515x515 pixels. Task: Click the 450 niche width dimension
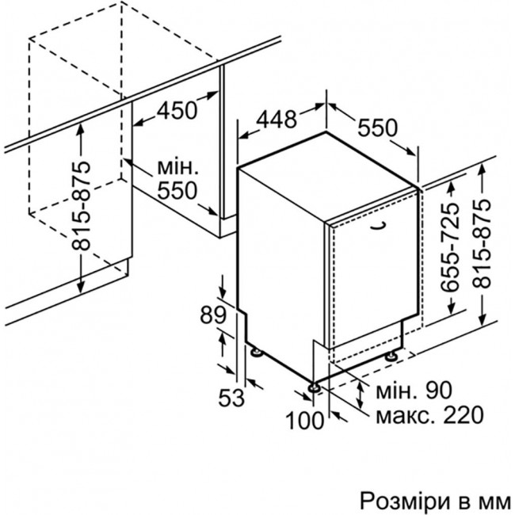tap(177, 110)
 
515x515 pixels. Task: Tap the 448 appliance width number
tap(277, 119)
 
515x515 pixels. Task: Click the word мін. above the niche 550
tap(178, 167)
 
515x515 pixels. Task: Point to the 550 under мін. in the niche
tap(177, 190)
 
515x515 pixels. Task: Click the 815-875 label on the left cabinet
tap(81, 206)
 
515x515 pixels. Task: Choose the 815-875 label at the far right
tap(482, 244)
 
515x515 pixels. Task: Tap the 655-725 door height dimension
tap(450, 247)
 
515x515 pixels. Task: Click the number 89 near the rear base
tap(213, 315)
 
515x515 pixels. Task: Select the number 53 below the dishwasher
tap(231, 398)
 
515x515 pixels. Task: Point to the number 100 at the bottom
tap(305, 421)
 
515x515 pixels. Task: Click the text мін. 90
tap(414, 390)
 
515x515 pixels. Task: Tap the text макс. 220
tap(429, 414)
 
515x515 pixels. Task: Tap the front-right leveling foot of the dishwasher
tap(391, 357)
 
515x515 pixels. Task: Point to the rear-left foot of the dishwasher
tap(257, 352)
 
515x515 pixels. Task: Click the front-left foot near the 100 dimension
tap(315, 387)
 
